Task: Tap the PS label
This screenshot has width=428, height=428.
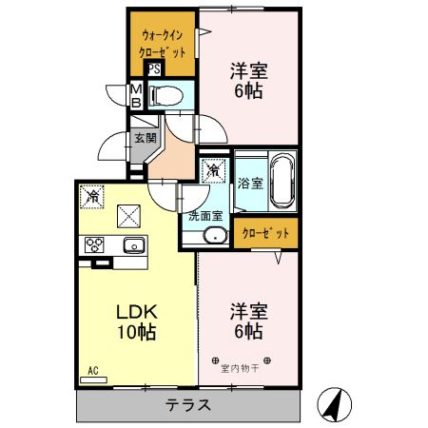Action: point(153,68)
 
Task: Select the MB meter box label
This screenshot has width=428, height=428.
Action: point(135,95)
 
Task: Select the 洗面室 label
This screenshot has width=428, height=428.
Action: point(204,215)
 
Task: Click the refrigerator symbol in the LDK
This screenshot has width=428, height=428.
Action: point(92,196)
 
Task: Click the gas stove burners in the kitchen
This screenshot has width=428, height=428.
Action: point(95,243)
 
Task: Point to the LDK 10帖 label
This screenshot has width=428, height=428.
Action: point(136,321)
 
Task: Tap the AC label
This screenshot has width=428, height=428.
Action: point(93,369)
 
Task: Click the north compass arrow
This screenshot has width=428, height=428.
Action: point(335,403)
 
